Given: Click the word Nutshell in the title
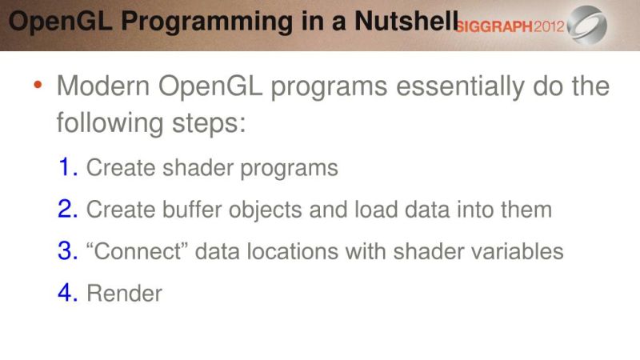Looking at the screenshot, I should (408, 22).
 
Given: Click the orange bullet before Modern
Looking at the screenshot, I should (39, 86).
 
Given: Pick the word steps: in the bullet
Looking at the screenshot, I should (206, 124).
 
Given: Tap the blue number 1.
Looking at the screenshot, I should (67, 167).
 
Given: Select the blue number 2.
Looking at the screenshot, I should (67, 209).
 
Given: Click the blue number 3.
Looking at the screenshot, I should (67, 250).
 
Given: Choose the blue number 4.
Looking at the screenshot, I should (67, 292).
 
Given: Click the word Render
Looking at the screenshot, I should (124, 293).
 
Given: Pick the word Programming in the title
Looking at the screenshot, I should (198, 22).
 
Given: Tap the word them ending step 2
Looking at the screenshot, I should (527, 210).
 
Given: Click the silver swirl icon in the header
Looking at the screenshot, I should (588, 25).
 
